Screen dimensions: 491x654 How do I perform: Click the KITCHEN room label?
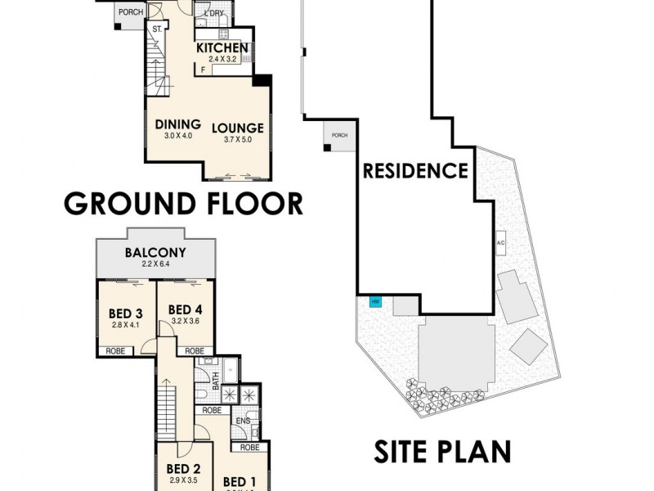[222, 48]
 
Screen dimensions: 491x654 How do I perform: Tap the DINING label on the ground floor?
[177, 124]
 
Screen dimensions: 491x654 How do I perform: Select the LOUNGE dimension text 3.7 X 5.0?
[237, 140]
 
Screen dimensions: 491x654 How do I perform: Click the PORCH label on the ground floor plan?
[130, 12]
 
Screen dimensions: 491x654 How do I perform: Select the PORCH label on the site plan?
[339, 135]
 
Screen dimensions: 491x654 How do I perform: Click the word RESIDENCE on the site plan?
[415, 171]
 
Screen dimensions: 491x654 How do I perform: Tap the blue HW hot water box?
[376, 302]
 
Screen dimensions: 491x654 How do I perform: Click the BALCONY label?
[155, 252]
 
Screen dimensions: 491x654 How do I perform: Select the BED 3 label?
[126, 313]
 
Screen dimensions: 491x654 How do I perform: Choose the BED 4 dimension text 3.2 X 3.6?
[185, 321]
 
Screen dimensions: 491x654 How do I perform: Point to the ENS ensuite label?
[243, 421]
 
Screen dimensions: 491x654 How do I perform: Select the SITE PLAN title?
[442, 451]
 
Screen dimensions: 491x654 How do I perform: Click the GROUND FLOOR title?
[183, 202]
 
